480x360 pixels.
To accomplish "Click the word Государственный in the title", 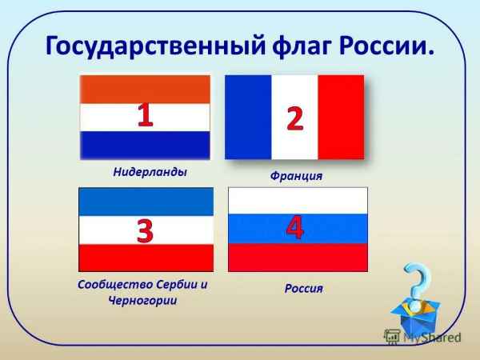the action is pyautogui.click(x=155, y=46).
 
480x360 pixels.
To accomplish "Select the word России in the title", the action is pyautogui.click(x=386, y=46).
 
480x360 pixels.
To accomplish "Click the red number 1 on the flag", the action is pyautogui.click(x=145, y=114).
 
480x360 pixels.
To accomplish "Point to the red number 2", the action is pyautogui.click(x=294, y=118).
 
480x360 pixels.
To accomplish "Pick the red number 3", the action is pyautogui.click(x=145, y=230).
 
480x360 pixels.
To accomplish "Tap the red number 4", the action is pyautogui.click(x=294, y=227).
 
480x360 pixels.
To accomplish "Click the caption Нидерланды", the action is pyautogui.click(x=150, y=172).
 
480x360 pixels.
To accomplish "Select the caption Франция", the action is pyautogui.click(x=296, y=176).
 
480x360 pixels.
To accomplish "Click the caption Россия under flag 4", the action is pyautogui.click(x=304, y=288).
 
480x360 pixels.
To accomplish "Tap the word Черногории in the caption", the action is pyautogui.click(x=142, y=300).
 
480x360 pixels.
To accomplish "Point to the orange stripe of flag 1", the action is pyautogui.click(x=145, y=90).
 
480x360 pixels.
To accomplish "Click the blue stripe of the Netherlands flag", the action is pyautogui.click(x=145, y=146).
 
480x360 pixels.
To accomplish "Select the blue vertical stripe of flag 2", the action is pyautogui.click(x=248, y=118).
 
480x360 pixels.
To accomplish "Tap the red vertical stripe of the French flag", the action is pyautogui.click(x=341, y=118).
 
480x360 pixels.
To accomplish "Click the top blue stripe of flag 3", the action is pyautogui.click(x=146, y=202).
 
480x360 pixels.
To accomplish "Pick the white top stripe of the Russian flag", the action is pyautogui.click(x=298, y=201).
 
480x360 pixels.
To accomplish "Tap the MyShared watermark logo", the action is pyautogui.click(x=422, y=337).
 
